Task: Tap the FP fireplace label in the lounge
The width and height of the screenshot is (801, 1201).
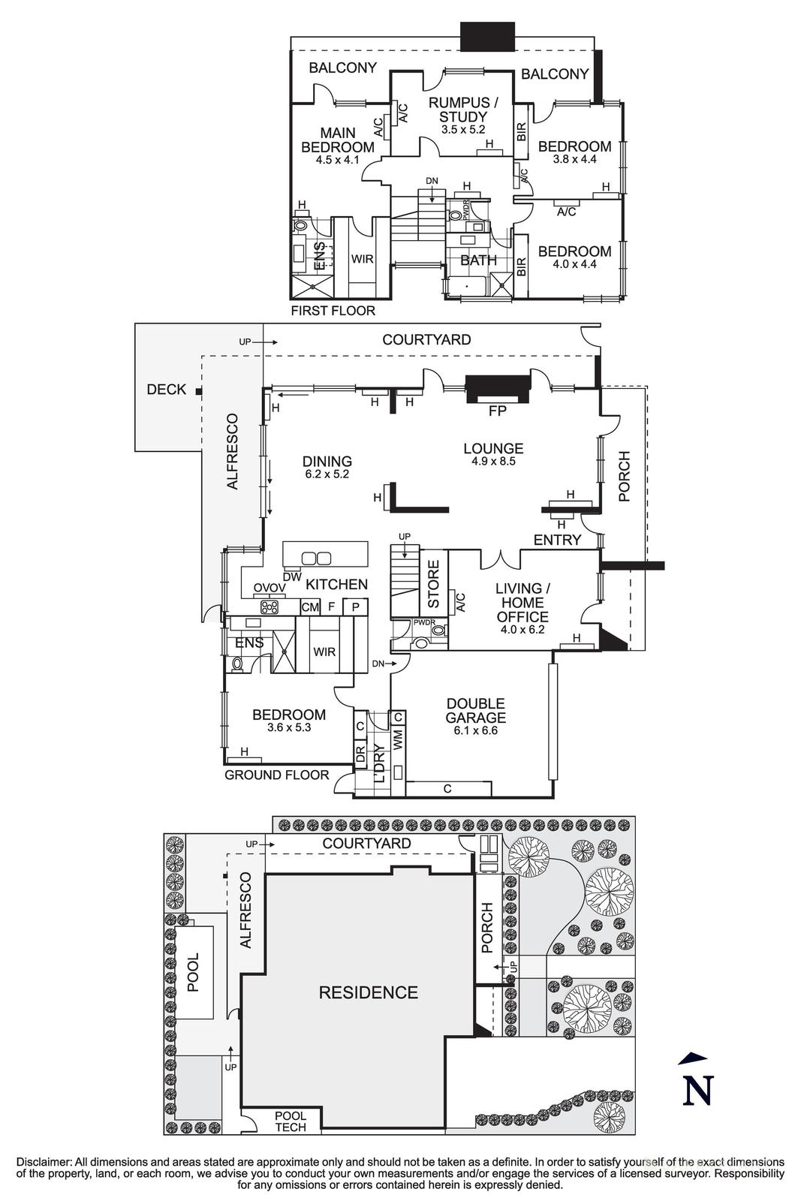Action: [x=497, y=411]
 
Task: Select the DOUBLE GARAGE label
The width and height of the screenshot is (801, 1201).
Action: [x=475, y=711]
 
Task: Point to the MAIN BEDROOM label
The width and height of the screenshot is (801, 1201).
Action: [x=337, y=140]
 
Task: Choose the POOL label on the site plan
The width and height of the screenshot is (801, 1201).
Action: [x=194, y=972]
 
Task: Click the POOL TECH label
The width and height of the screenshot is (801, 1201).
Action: [x=291, y=1121]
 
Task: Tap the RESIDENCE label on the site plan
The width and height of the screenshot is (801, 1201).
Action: [x=368, y=992]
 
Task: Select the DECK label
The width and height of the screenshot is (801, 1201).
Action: [x=166, y=390]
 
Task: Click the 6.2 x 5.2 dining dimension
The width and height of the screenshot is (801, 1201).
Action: [x=327, y=474]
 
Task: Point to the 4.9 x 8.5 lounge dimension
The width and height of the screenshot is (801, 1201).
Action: [x=492, y=462]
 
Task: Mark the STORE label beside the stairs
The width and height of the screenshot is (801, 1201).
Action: [x=433, y=584]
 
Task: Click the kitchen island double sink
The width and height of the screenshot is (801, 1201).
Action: [x=316, y=558]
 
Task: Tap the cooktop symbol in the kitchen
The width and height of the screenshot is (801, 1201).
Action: [x=270, y=607]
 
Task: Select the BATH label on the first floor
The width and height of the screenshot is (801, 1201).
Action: [x=478, y=260]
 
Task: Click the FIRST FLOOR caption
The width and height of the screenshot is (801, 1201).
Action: [x=333, y=310]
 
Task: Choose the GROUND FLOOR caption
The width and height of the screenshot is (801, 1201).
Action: [x=276, y=775]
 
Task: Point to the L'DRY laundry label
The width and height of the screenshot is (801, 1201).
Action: [x=379, y=763]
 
